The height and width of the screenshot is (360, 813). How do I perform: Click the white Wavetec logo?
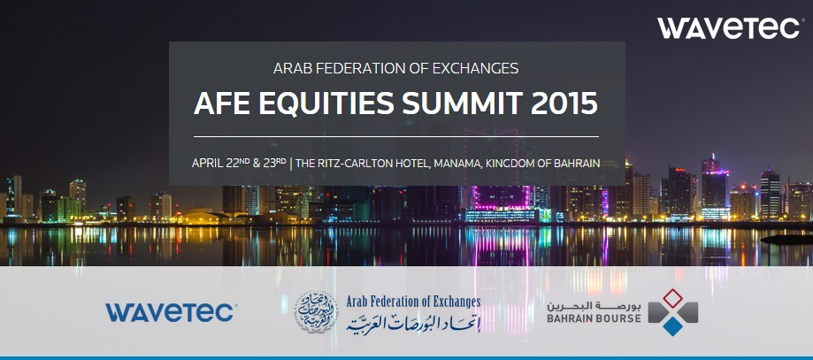(x=728, y=28)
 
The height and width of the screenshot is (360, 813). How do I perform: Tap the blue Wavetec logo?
(x=171, y=312)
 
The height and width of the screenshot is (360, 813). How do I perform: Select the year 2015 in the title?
(x=564, y=103)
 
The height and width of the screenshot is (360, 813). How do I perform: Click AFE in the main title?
(x=222, y=103)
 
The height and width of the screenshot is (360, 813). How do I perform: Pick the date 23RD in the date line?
(x=274, y=163)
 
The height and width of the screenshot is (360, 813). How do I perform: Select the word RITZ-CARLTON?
(x=357, y=164)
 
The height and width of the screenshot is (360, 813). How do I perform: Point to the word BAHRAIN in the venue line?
(x=576, y=164)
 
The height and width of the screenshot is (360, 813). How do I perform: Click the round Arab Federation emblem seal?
(x=316, y=312)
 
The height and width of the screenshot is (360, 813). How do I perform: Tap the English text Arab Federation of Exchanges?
(x=413, y=302)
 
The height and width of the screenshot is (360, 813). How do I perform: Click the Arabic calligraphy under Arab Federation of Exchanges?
(x=413, y=323)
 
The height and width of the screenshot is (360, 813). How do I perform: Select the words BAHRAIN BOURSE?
(x=594, y=318)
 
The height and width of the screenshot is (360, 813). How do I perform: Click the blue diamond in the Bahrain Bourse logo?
(x=672, y=326)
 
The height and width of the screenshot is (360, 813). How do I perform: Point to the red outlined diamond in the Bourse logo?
(x=672, y=299)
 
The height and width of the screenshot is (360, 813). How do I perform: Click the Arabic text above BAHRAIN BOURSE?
(x=594, y=304)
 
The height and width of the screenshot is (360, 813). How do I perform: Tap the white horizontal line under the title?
(x=396, y=136)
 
